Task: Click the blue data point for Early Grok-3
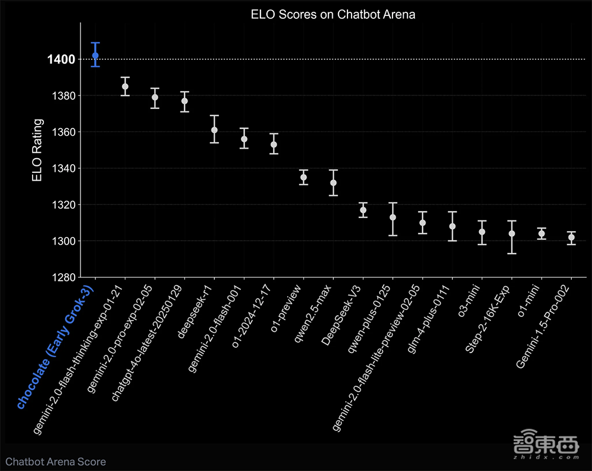pyautogui.click(x=95, y=56)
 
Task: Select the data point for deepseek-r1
pyautogui.click(x=214, y=130)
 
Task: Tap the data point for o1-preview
pyautogui.click(x=304, y=177)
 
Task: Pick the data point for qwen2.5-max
pyautogui.click(x=333, y=182)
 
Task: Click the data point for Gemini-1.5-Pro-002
pyautogui.click(x=571, y=238)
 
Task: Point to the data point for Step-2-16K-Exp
pyautogui.click(x=512, y=233)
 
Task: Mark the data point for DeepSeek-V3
pyautogui.click(x=363, y=210)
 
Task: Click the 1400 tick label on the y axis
pyautogui.click(x=62, y=59)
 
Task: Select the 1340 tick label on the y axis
pyautogui.click(x=63, y=169)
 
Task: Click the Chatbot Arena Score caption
pyautogui.click(x=56, y=461)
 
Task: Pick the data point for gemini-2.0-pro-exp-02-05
pyautogui.click(x=155, y=97)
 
